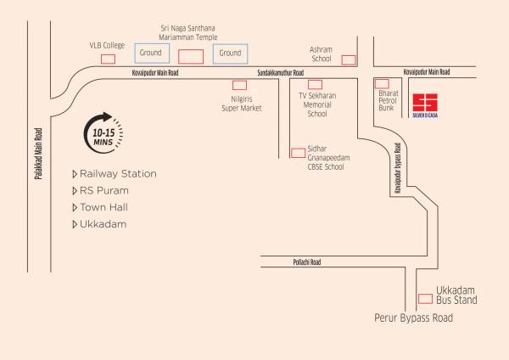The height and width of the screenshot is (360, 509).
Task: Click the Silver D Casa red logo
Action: click(424, 103)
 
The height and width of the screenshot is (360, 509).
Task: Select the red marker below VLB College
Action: click(108, 59)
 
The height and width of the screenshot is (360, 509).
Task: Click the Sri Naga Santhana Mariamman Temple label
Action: click(189, 32)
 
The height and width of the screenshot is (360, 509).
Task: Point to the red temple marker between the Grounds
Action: click(190, 57)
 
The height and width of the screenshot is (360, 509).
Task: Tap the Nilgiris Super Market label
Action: click(241, 104)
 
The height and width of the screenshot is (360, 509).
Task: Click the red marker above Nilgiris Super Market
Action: click(240, 85)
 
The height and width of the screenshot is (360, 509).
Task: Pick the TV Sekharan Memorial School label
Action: click(316, 104)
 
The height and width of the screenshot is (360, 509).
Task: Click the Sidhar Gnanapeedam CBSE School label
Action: click(325, 157)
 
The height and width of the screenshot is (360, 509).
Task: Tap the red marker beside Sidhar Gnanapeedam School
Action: click(298, 153)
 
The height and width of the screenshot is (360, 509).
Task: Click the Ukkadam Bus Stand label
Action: click(457, 295)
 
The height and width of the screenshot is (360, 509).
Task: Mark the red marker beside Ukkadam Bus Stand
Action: click(424, 298)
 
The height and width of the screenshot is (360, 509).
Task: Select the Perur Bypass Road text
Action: click(414, 318)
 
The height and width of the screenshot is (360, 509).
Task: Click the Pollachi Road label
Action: click(303, 263)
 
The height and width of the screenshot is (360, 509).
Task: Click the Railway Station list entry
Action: click(118, 174)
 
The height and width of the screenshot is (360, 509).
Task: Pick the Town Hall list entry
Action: click(107, 207)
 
